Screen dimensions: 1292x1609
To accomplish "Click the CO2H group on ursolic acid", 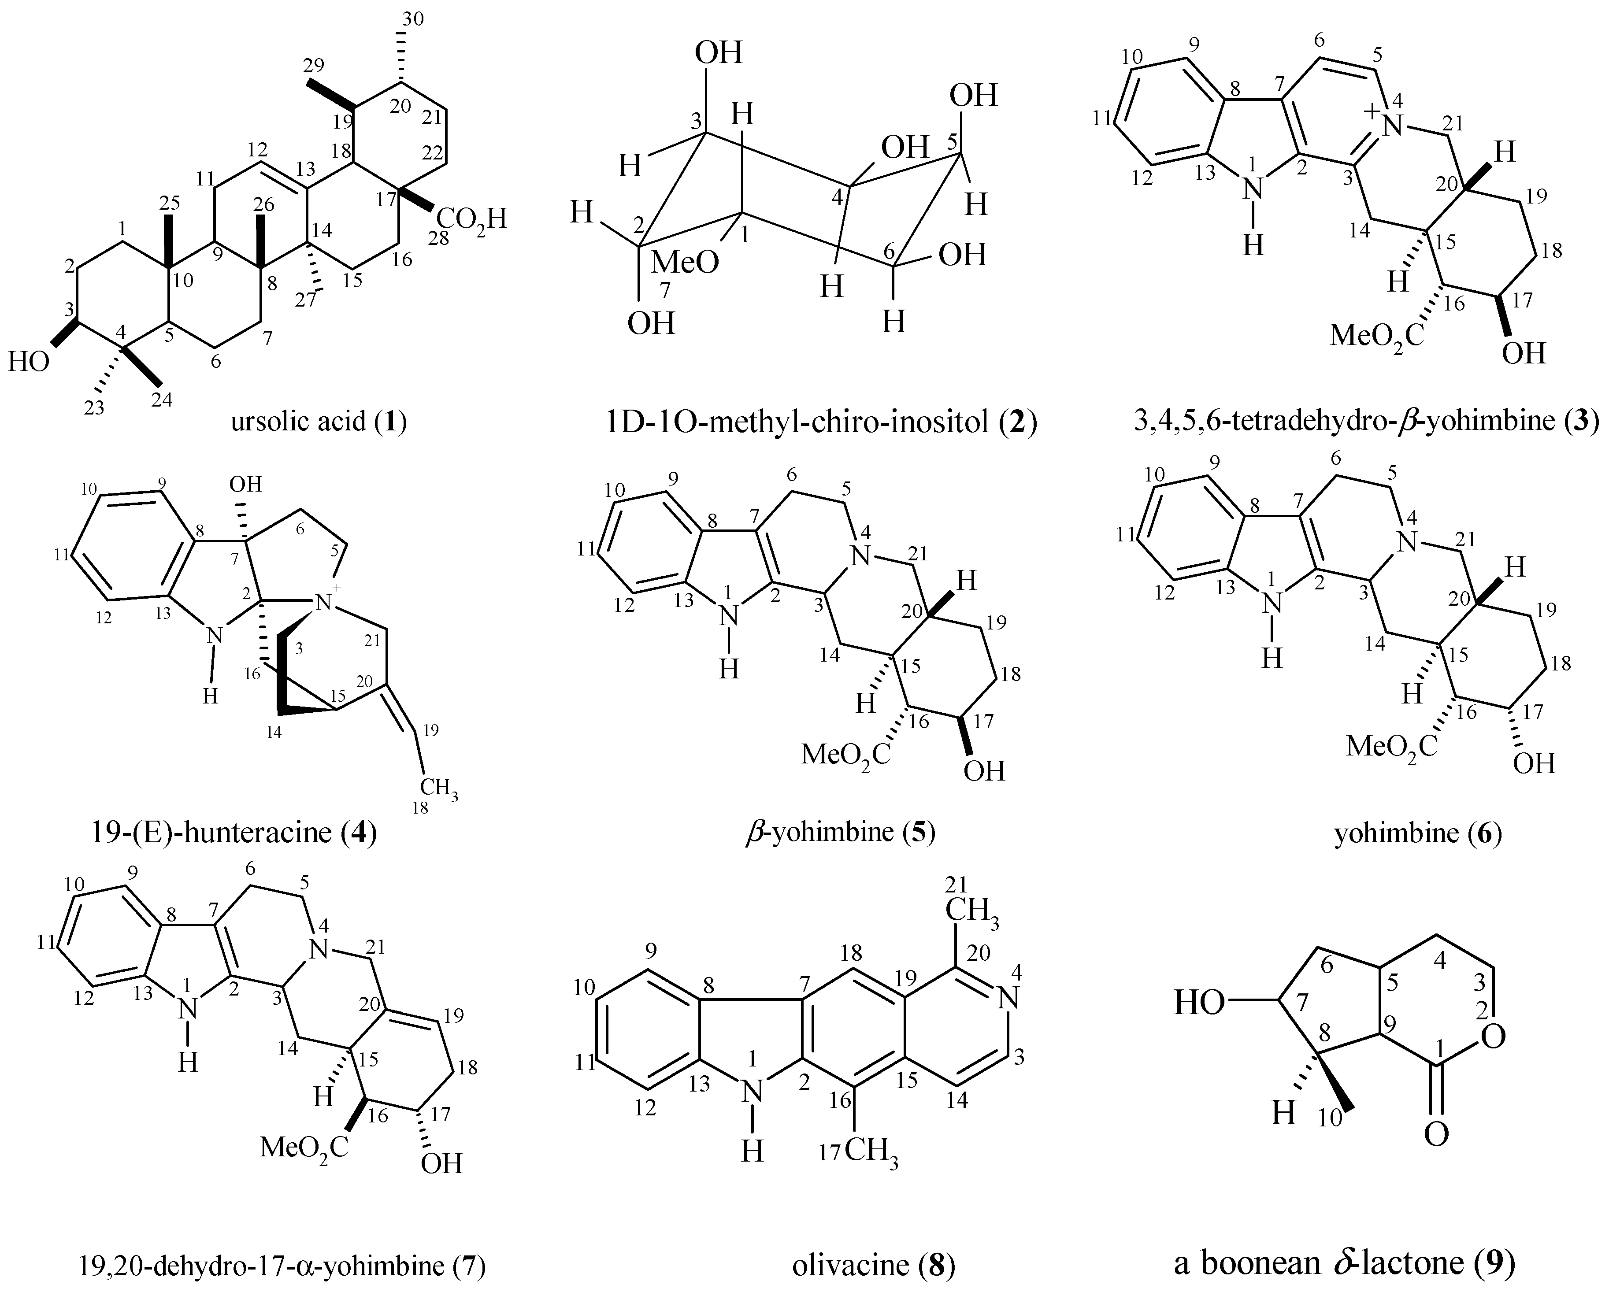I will (x=472, y=221).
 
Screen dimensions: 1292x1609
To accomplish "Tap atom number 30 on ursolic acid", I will (x=413, y=19).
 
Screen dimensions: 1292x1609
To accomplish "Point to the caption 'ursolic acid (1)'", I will (x=319, y=422).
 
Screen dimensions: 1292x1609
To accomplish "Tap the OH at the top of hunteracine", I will (x=245, y=485).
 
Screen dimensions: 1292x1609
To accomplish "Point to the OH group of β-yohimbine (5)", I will (x=984, y=770).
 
